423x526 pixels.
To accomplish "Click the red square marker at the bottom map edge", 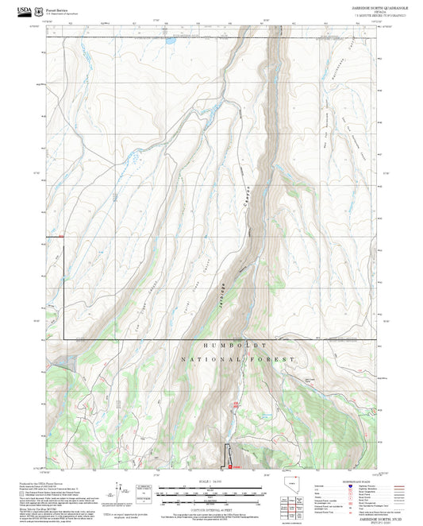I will click(x=229, y=467).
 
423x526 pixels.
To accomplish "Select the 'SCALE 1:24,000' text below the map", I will click(x=212, y=482).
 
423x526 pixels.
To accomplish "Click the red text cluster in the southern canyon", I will click(x=236, y=408).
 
